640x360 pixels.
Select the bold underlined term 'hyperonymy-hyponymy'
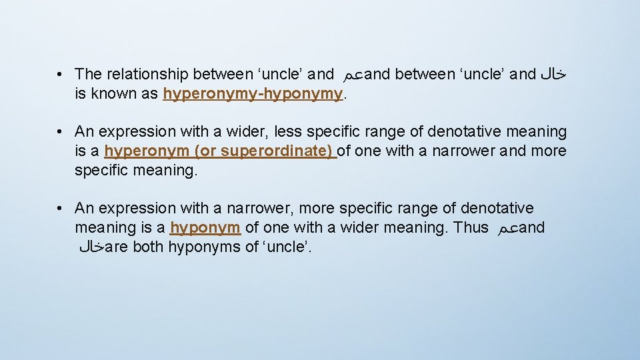coord(253,94)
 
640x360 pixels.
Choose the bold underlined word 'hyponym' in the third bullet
coord(205,227)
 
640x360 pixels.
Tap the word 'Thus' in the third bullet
coord(471,227)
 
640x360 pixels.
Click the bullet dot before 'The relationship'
coord(60,74)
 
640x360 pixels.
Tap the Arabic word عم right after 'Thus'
coord(507,228)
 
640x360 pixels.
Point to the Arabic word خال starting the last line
coord(91,248)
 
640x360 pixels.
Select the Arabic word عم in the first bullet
coord(353,75)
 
